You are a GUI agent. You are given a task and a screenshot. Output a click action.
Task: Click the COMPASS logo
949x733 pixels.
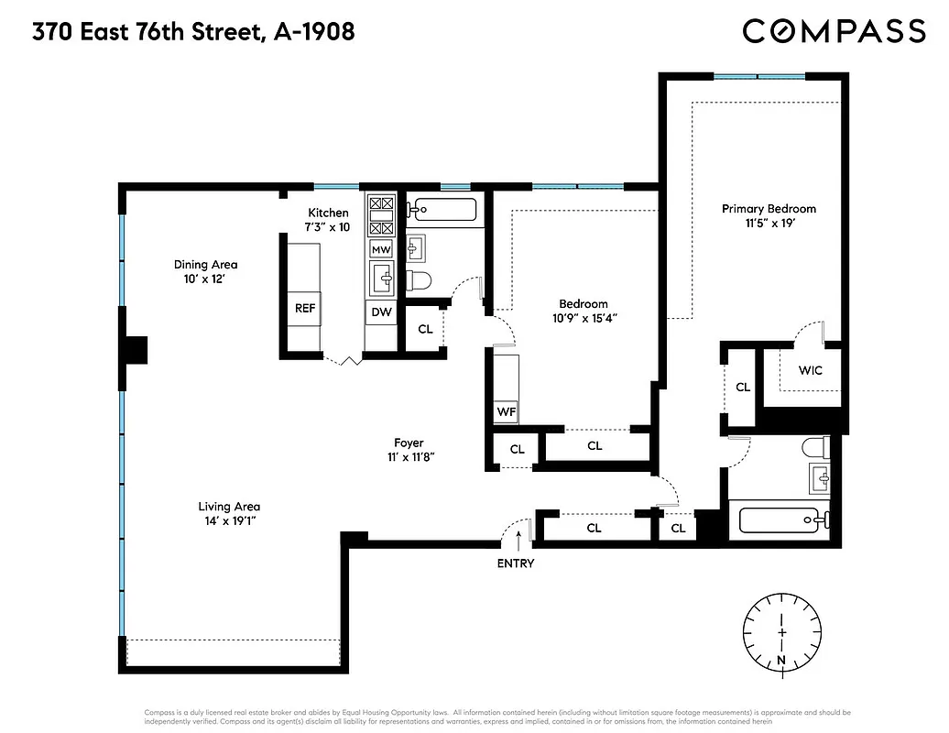pyautogui.click(x=834, y=31)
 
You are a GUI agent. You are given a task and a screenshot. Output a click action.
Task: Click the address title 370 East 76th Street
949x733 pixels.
pyautogui.click(x=193, y=32)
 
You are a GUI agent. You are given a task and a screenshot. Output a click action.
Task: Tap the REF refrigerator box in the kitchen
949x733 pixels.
pyautogui.click(x=305, y=309)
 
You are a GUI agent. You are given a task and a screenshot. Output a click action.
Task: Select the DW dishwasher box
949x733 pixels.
pyautogui.click(x=381, y=312)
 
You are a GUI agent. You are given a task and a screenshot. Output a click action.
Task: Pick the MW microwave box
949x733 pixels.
pyautogui.click(x=381, y=249)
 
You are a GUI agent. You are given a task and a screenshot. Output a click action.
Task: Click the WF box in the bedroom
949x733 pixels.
pyautogui.click(x=506, y=412)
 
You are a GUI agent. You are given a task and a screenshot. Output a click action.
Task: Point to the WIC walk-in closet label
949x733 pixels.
pyautogui.click(x=810, y=371)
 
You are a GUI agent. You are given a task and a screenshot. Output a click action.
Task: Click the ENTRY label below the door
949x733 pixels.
pyautogui.click(x=515, y=563)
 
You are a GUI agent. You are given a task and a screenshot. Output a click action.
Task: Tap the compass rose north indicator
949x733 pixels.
pyautogui.click(x=781, y=632)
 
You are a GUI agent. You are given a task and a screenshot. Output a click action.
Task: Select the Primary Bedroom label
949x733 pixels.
pyautogui.click(x=768, y=209)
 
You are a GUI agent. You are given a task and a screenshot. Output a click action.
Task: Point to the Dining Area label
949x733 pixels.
pyautogui.click(x=205, y=265)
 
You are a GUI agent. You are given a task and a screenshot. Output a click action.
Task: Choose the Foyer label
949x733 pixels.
pyautogui.click(x=409, y=443)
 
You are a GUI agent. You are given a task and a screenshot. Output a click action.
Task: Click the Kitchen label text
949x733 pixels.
pyautogui.click(x=328, y=213)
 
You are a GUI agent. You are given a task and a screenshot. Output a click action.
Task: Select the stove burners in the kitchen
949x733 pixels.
pyautogui.click(x=381, y=216)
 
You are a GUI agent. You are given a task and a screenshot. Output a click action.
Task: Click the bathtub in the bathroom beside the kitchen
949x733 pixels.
pyautogui.click(x=442, y=210)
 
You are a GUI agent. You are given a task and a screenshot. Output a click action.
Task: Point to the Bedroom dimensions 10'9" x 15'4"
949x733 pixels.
pyautogui.click(x=584, y=318)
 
